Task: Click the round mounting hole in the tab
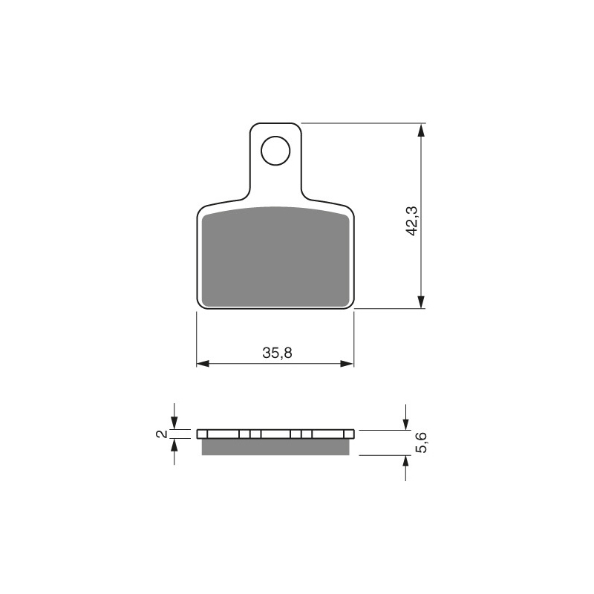click(275, 151)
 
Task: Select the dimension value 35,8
click(276, 353)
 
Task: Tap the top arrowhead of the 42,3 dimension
click(421, 131)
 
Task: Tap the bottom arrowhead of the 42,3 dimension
click(421, 300)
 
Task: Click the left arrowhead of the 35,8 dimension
click(203, 364)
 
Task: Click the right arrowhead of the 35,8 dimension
click(347, 364)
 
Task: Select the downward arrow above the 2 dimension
click(174, 422)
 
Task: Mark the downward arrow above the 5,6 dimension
click(405, 422)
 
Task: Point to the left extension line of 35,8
click(196, 338)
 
